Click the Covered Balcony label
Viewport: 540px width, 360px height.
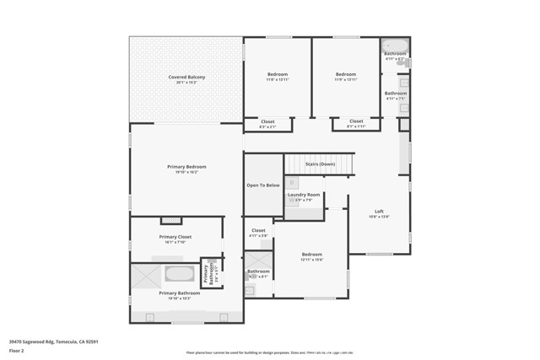186,78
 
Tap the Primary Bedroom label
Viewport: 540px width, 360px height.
186,167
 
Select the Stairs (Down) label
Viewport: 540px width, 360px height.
320,164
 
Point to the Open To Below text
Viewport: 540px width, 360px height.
262,185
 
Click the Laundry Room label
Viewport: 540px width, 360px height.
304,195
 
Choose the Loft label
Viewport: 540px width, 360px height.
379,212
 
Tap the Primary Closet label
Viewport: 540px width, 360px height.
175,237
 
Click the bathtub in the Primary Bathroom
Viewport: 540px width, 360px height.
179,274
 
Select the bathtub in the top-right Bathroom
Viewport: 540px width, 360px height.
394,46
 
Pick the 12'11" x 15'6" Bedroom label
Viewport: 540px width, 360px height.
312,255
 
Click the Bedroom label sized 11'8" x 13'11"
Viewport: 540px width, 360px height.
278,74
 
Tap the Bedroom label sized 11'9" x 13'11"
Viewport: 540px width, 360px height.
345,74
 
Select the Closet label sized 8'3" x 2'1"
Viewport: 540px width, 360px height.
267,121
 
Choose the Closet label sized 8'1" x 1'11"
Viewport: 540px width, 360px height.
356,121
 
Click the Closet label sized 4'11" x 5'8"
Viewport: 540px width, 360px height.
258,230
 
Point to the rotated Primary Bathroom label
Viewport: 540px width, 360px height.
206,274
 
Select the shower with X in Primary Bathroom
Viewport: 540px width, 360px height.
145,277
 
